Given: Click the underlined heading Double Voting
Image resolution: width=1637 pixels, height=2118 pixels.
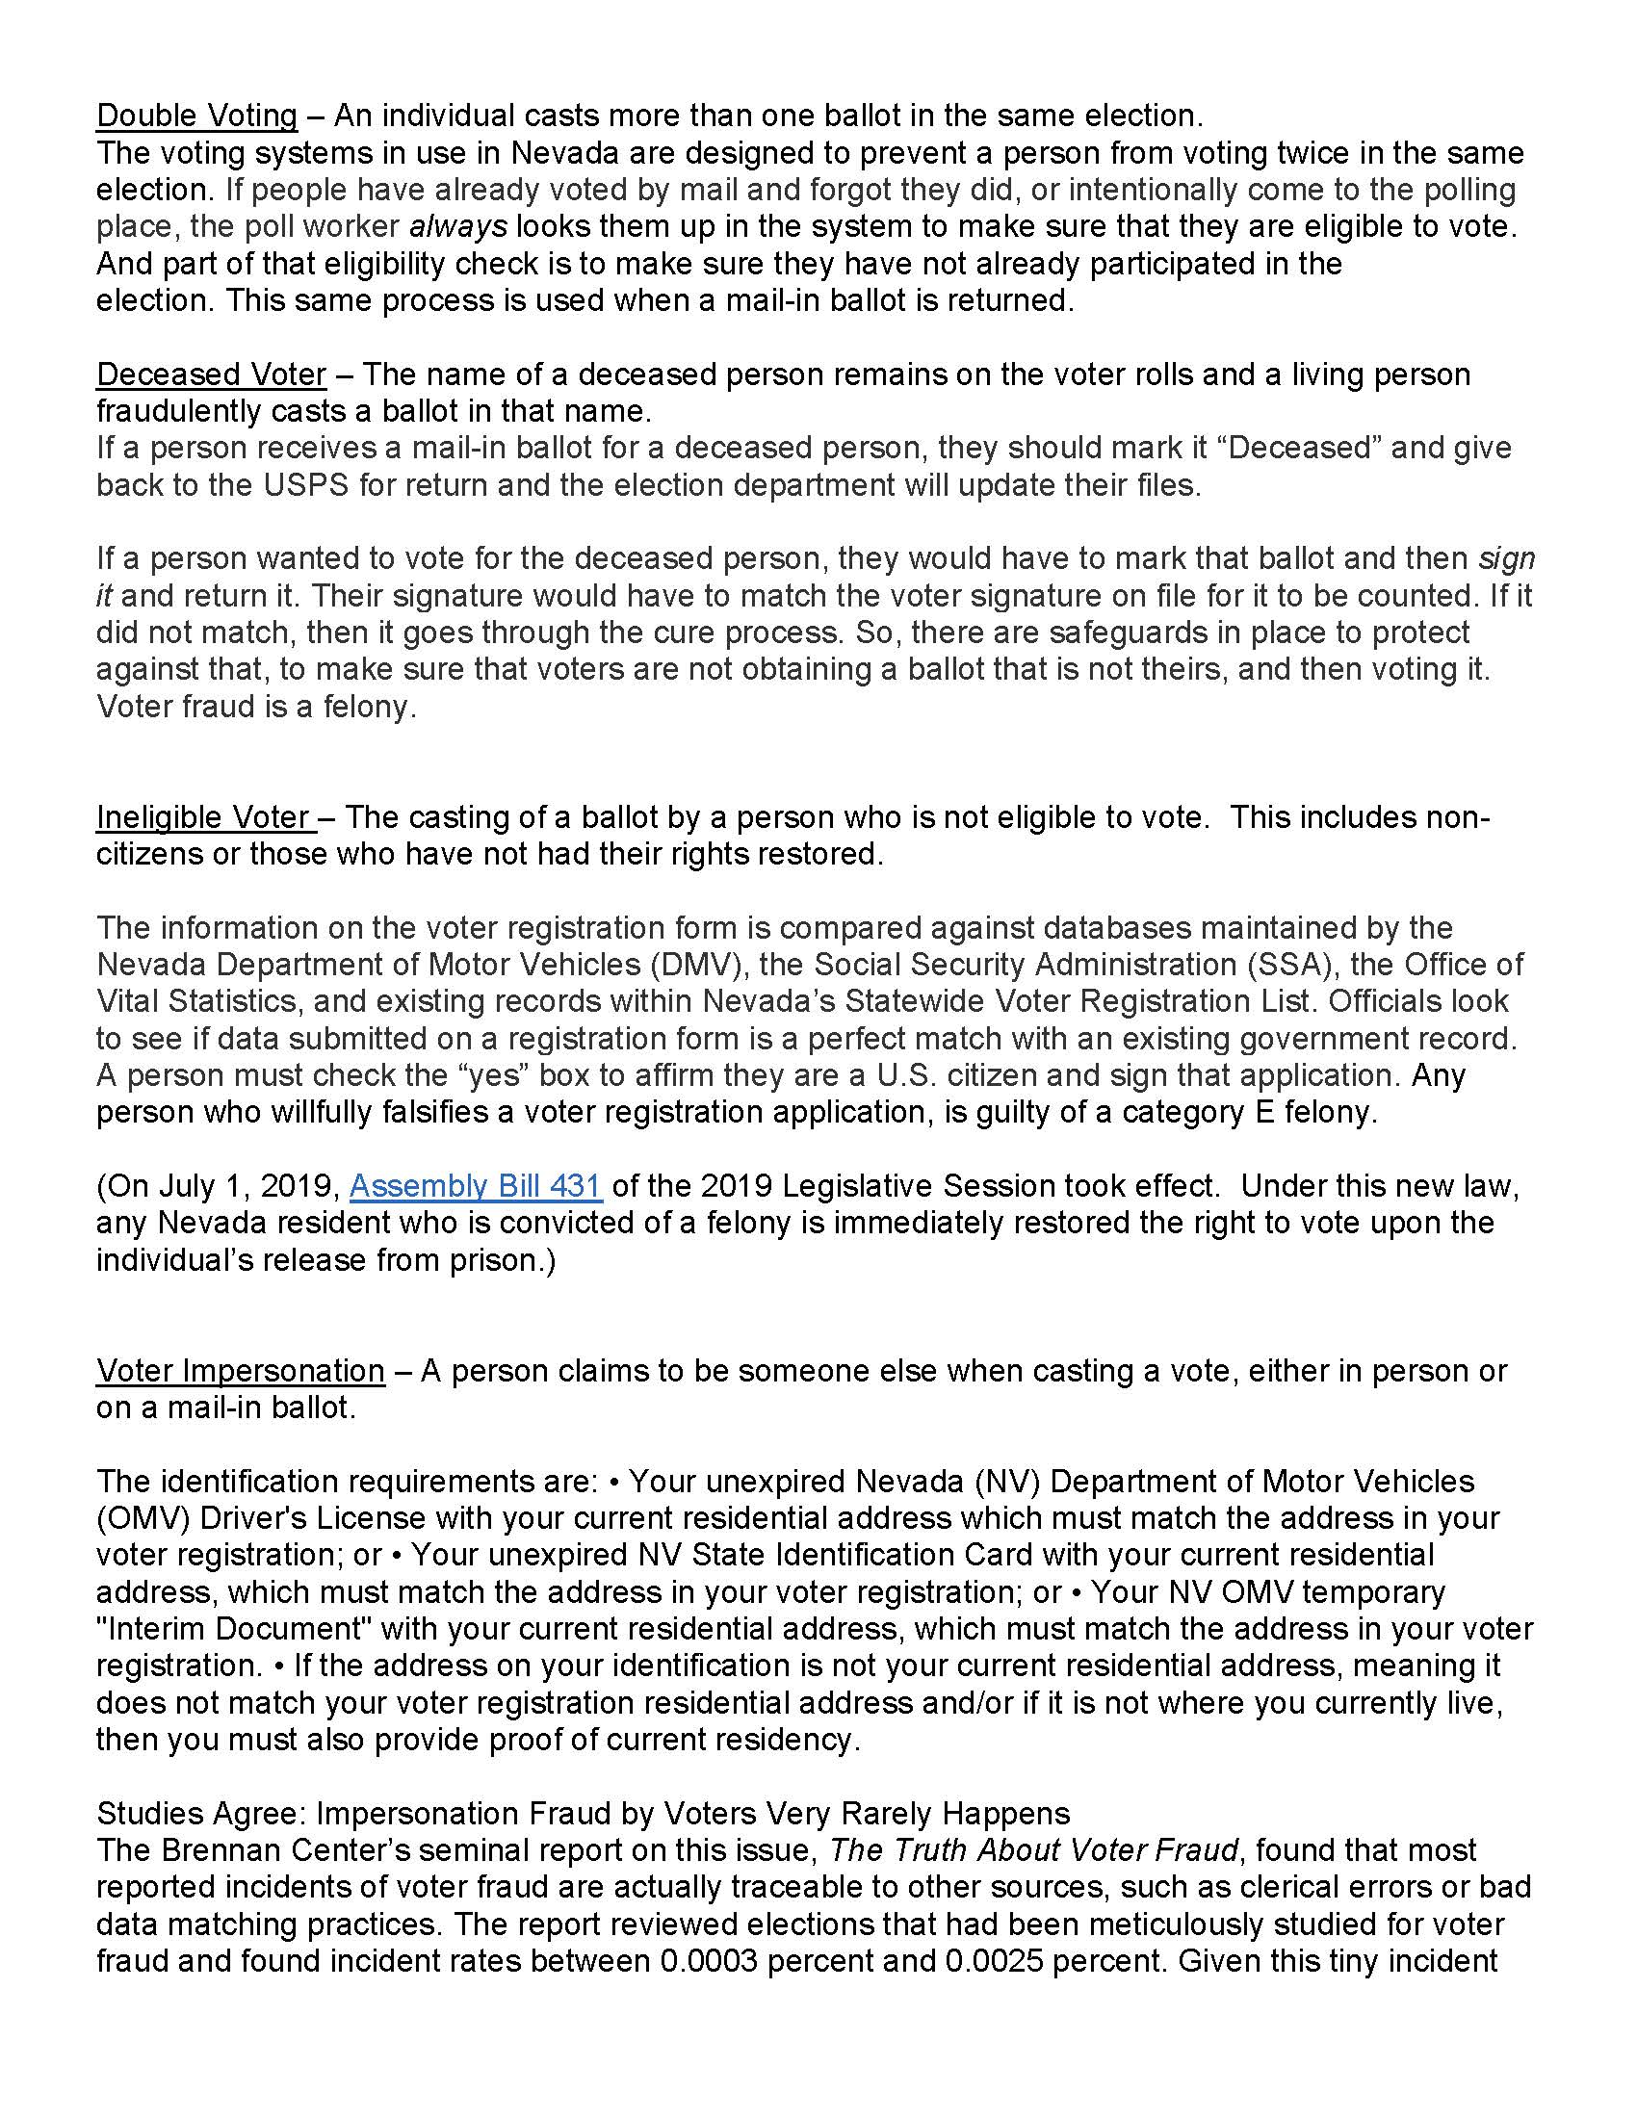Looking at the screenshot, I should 196,116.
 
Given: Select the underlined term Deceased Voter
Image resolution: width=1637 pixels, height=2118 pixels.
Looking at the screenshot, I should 212,375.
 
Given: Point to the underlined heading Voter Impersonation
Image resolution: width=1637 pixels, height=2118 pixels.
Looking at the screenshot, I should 241,1370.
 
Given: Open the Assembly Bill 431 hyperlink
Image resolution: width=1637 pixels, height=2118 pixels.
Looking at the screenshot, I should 475,1186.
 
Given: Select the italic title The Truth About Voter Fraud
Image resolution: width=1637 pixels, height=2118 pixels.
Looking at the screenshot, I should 1034,1850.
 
